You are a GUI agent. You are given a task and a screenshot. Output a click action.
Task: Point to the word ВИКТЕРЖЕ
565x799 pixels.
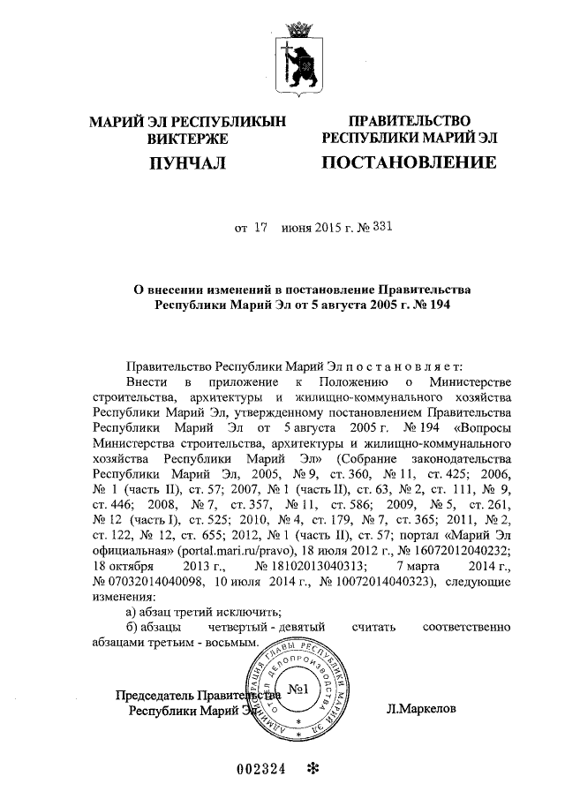[189, 139]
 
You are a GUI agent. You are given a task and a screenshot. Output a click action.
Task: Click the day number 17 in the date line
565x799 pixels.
[260, 227]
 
